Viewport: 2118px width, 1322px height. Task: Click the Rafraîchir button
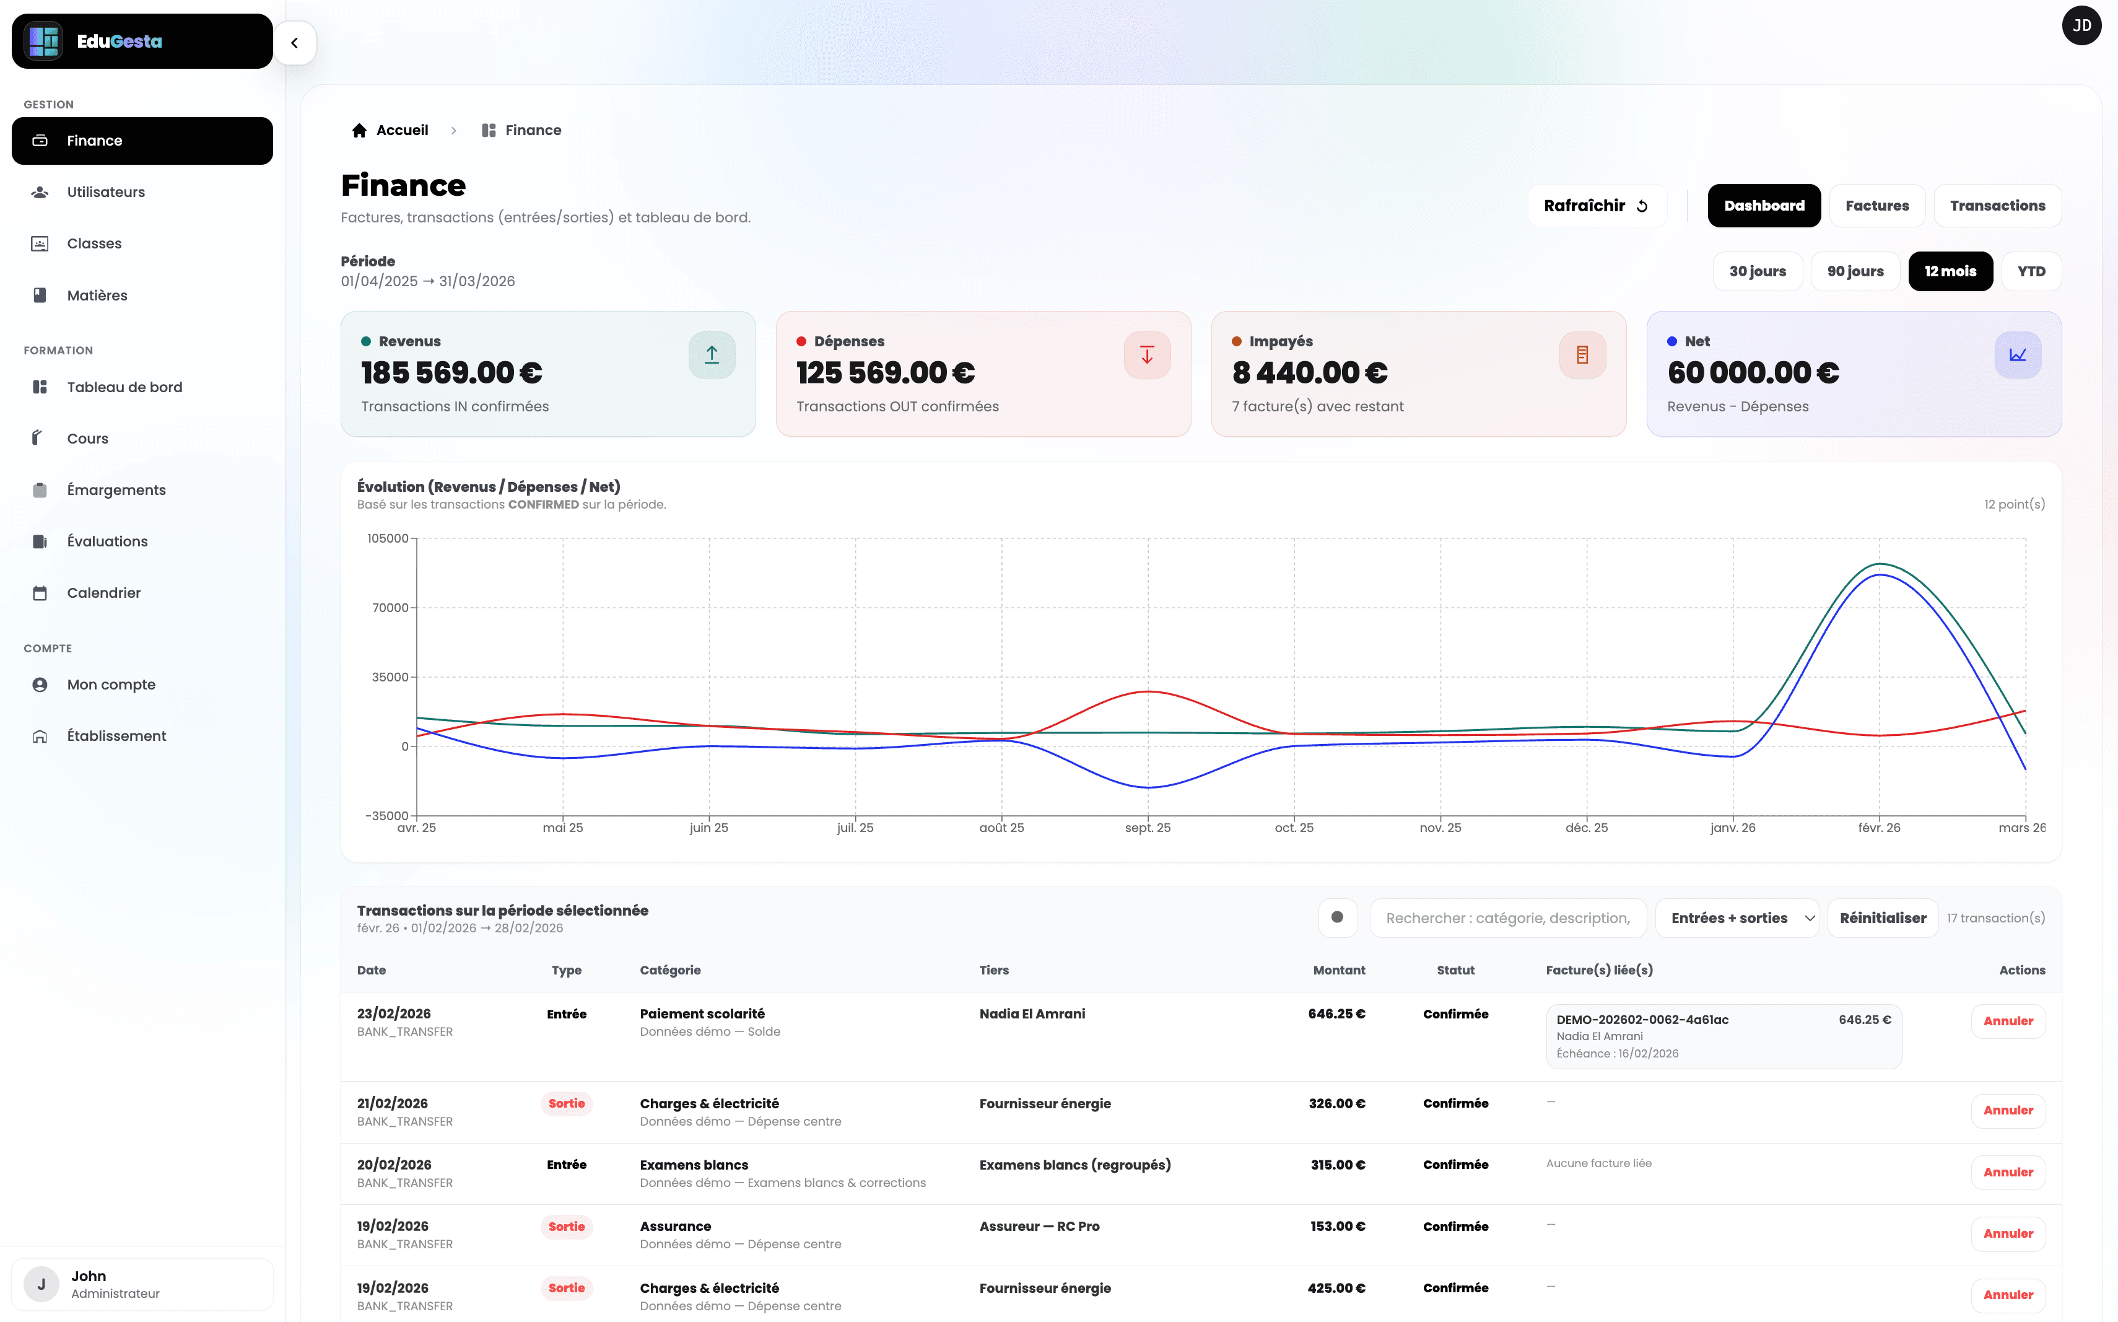(1595, 206)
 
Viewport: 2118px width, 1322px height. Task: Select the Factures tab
(1876, 206)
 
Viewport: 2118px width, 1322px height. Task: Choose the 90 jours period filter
(1854, 271)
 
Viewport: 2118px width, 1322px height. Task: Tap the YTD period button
(2031, 271)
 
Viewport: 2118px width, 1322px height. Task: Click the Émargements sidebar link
(116, 489)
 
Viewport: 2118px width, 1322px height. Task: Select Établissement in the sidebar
(116, 736)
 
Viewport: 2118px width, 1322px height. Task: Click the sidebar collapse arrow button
(295, 43)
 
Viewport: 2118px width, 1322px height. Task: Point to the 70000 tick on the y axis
(390, 608)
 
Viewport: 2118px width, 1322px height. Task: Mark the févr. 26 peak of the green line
(1880, 564)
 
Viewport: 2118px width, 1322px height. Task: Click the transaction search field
(1507, 918)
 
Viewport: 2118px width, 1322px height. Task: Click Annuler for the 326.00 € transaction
(2007, 1110)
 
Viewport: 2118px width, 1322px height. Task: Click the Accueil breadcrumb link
(401, 130)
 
